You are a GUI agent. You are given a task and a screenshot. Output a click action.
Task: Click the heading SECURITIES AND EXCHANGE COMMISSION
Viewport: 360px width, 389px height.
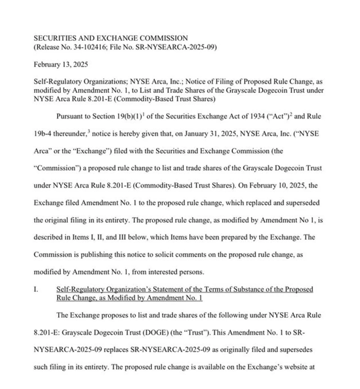[111, 38]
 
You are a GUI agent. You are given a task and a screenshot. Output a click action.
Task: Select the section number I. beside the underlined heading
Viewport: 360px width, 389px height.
[36, 289]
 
